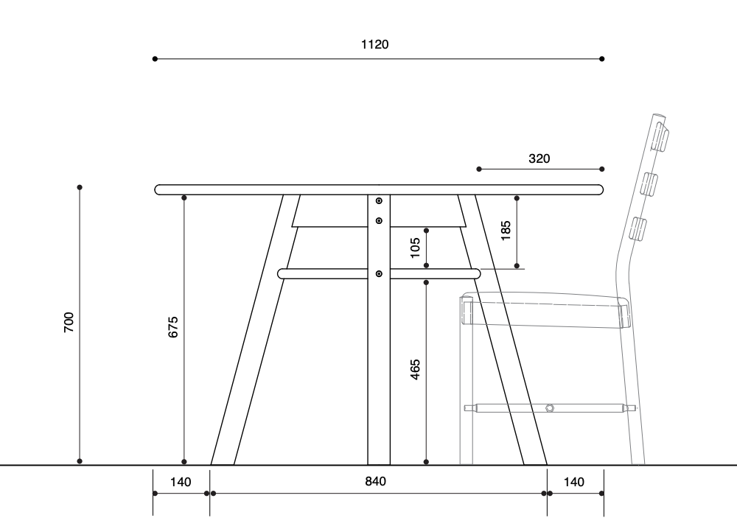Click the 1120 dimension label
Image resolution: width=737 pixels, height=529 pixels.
tap(374, 45)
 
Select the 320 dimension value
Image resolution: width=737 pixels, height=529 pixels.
tap(539, 159)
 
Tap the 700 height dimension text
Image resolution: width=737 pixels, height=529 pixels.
tap(69, 322)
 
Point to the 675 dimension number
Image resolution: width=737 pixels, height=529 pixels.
tap(173, 327)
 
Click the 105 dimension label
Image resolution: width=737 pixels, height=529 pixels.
tap(415, 248)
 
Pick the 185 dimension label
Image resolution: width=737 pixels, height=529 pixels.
tap(506, 231)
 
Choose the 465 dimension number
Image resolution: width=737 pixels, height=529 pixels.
tap(415, 370)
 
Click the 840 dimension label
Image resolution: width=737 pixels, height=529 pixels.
tap(376, 482)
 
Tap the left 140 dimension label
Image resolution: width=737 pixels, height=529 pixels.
tap(181, 482)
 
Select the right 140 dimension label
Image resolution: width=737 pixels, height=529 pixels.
tap(574, 482)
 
